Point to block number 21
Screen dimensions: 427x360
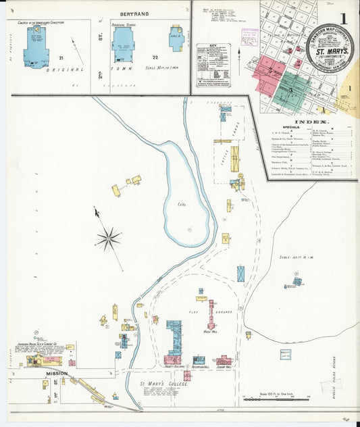(x=61, y=59)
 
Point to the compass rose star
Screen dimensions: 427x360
(x=108, y=238)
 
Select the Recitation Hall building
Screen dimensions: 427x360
(x=199, y=360)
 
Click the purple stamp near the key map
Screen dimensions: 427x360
(x=251, y=35)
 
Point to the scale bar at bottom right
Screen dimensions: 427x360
(x=270, y=399)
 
